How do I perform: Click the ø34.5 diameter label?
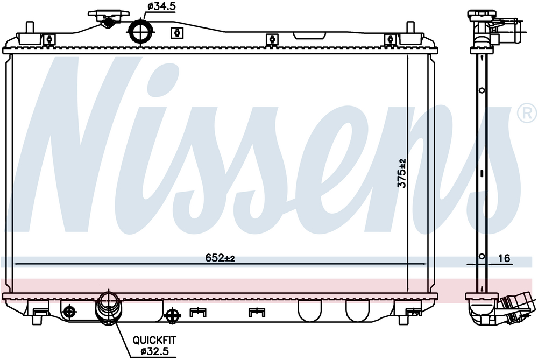[161, 6]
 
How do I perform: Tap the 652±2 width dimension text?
[220, 258]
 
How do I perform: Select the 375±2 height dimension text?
[401, 173]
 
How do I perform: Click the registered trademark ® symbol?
[527, 112]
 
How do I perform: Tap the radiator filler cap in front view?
[109, 18]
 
